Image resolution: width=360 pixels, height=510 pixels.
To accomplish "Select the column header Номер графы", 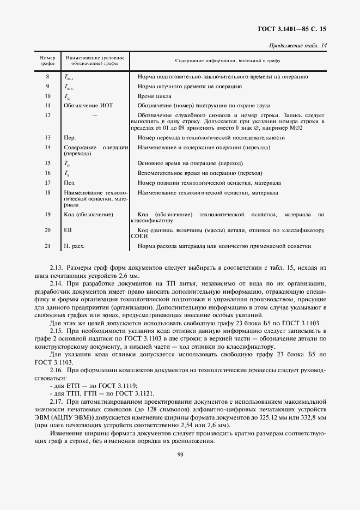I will (x=48, y=60).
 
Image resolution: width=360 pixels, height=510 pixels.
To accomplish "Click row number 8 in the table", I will (x=48, y=77).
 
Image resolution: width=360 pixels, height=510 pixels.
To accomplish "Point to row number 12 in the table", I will (x=48, y=116).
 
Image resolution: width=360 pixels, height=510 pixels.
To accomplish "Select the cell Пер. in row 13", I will (x=70, y=138).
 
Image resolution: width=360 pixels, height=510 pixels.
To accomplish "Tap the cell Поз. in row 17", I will (x=70, y=183).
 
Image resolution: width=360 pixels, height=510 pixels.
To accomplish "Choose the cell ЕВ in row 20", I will (x=68, y=230).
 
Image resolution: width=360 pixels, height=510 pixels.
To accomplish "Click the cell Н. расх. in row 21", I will (x=74, y=246).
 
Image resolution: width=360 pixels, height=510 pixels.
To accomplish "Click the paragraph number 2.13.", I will (x=57, y=268).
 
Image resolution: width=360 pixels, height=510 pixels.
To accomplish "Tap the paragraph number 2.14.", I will (x=57, y=284).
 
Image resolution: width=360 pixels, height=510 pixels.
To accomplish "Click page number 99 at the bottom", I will (x=180, y=456).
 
